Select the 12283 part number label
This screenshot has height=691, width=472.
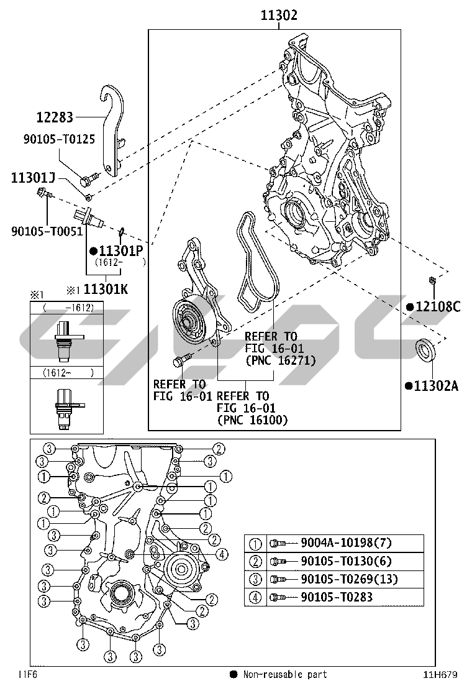pyautogui.click(x=55, y=117)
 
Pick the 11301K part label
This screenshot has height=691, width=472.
pyautogui.click(x=106, y=289)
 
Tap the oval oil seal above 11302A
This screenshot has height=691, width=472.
pyautogui.click(x=425, y=349)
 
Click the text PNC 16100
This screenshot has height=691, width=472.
pyautogui.click(x=253, y=420)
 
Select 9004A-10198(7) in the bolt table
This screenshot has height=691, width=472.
pyautogui.click(x=346, y=542)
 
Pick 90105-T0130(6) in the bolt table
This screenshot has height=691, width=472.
pyautogui.click(x=346, y=561)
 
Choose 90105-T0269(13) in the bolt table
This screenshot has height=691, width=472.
pyautogui.click(x=349, y=579)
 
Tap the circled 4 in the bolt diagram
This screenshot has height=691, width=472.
pyautogui.click(x=222, y=554)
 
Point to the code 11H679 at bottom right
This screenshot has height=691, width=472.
pyautogui.click(x=440, y=674)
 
